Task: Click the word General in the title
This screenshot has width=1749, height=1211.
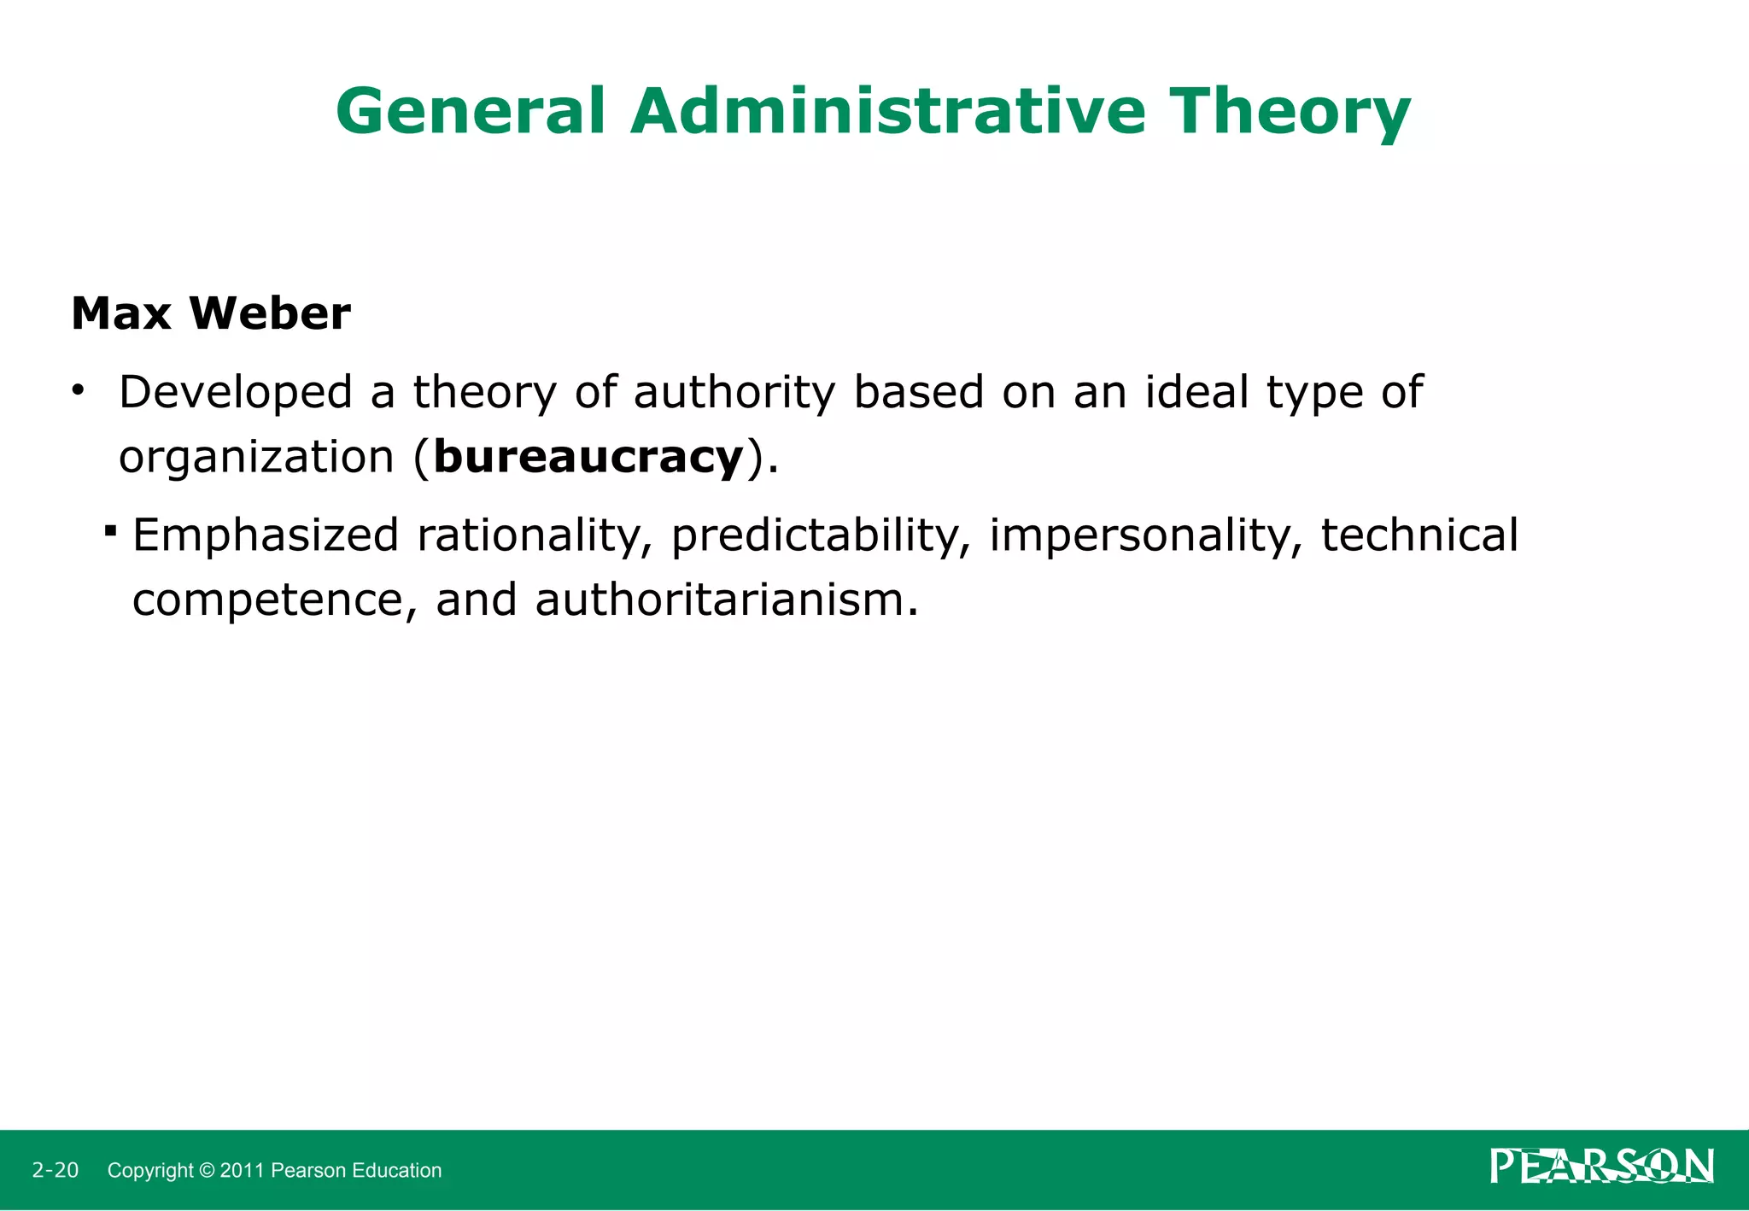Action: [x=471, y=112]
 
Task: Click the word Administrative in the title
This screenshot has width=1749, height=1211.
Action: [x=887, y=112]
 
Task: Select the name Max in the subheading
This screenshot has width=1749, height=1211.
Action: [x=120, y=313]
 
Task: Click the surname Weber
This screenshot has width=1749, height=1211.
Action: [x=270, y=313]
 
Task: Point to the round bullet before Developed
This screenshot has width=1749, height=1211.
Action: [x=79, y=391]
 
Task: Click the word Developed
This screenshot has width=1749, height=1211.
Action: [x=236, y=393]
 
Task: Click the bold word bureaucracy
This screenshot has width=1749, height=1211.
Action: [x=588, y=458]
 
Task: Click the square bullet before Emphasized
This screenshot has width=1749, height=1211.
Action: [x=110, y=531]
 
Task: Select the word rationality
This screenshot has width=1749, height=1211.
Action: [x=529, y=536]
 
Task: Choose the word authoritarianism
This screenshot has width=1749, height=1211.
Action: [x=726, y=600]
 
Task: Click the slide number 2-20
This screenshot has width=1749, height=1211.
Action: [x=56, y=1170]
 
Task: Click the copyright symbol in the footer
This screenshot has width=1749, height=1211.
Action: [x=207, y=1171]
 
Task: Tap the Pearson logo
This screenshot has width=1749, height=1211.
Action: [x=1601, y=1166]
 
